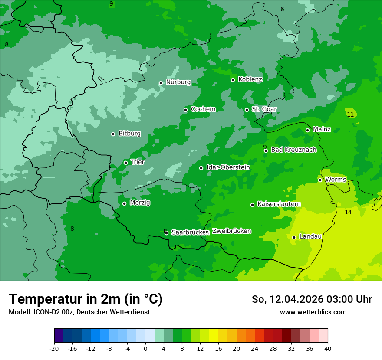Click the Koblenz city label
250,79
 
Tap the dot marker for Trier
125,163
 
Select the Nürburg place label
178,82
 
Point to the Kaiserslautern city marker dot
252,205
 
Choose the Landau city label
310,236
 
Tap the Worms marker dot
320,180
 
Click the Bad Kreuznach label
293,150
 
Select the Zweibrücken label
231,231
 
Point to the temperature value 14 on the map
348,212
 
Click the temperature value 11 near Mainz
350,115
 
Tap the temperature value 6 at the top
282,9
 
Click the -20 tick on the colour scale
54,348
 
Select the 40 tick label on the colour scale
328,348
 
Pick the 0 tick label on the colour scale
145,348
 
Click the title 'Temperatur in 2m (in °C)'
86,299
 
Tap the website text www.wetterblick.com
313,312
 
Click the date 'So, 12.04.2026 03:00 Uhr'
312,299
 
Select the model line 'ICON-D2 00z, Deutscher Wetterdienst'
79,312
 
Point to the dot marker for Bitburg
113,134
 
